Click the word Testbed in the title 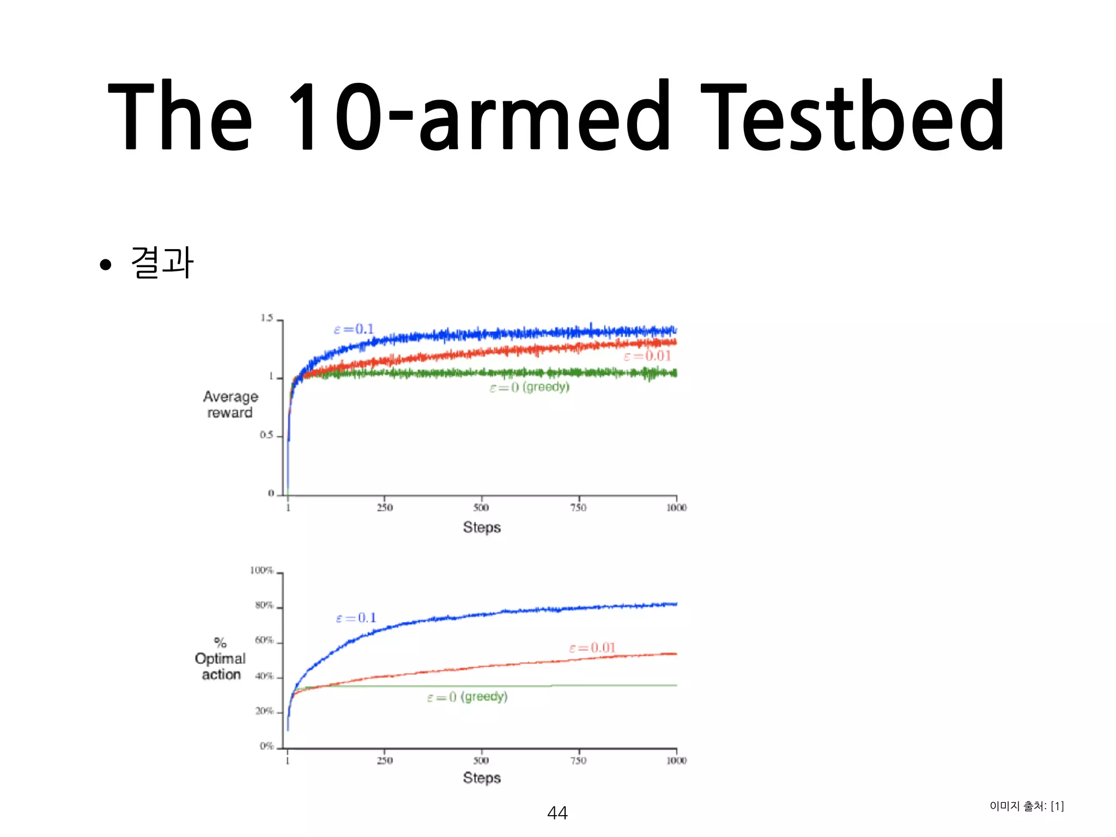coord(852,116)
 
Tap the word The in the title coord(180,116)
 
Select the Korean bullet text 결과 coord(162,263)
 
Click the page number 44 coord(557,813)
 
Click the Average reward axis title coord(230,404)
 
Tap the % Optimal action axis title coord(220,659)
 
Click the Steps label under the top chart coord(482,527)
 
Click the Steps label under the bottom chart coord(482,778)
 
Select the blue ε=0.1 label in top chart coord(354,329)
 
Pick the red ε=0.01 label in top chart coord(647,356)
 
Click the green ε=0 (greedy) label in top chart coord(529,387)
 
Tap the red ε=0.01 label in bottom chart coord(592,647)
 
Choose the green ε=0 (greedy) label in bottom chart coord(467,697)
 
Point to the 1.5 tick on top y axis coord(266,318)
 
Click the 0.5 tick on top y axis coord(266,435)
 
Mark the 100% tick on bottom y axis coord(262,570)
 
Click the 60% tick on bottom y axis coord(264,640)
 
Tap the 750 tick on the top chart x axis coord(578,508)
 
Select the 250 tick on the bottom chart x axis coord(385,760)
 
